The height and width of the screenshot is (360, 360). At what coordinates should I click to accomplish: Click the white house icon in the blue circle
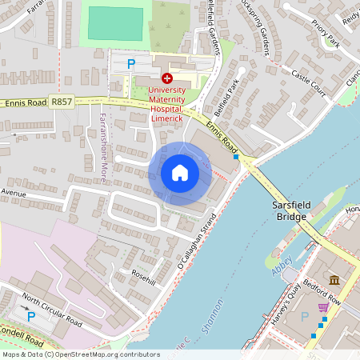[x=180, y=173]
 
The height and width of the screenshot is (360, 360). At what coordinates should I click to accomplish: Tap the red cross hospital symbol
[x=167, y=78]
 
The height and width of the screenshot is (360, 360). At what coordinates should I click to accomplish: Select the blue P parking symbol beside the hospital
[x=132, y=63]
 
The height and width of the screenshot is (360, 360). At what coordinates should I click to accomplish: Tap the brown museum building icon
[x=334, y=279]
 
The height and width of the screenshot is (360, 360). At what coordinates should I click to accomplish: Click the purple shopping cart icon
[x=323, y=307]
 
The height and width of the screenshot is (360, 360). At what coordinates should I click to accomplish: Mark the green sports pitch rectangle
[x=115, y=23]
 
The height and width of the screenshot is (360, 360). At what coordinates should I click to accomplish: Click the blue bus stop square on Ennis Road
[x=235, y=158]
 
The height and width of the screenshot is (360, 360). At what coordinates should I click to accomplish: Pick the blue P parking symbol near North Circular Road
[x=31, y=317]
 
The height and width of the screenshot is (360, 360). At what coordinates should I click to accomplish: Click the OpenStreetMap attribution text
[x=81, y=354]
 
